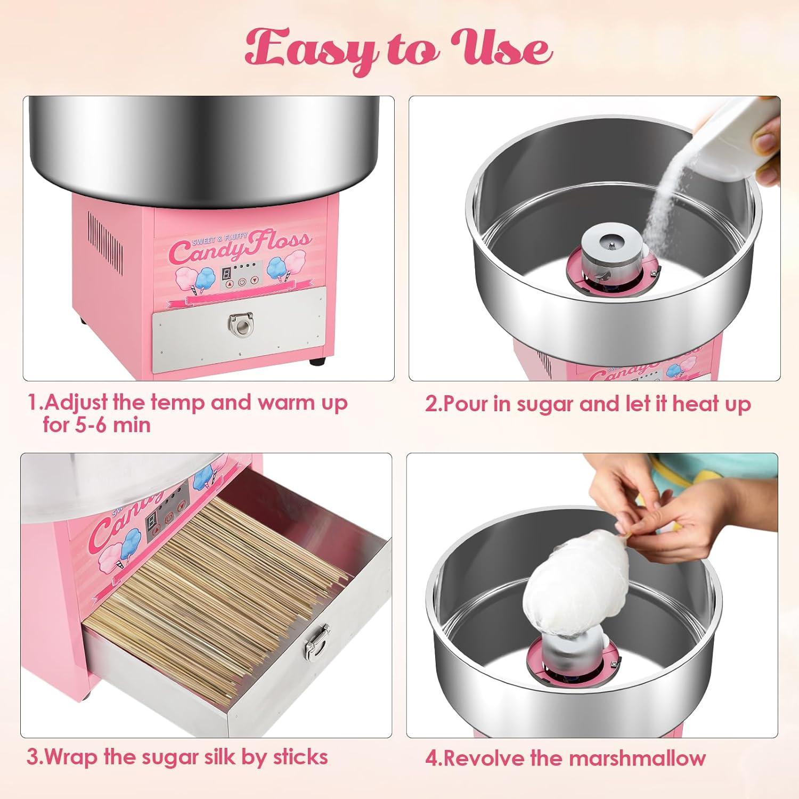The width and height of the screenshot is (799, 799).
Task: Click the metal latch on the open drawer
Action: point(315,645)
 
